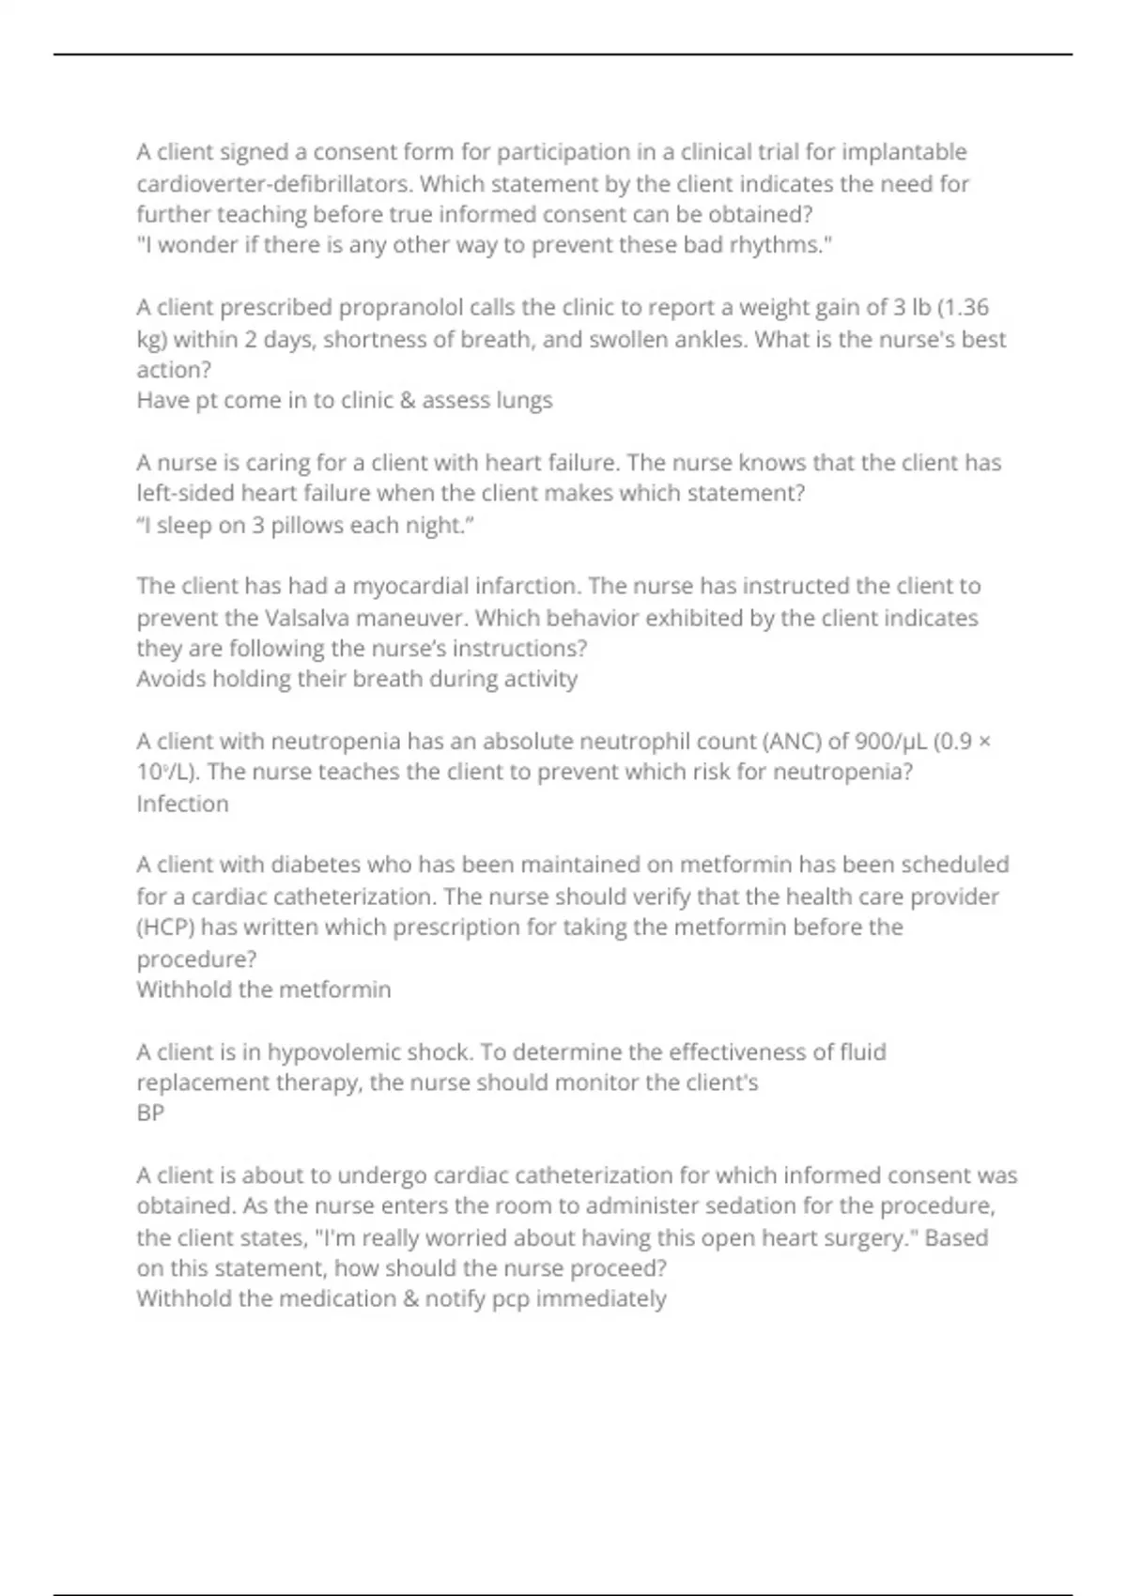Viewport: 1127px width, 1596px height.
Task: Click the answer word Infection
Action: tap(182, 804)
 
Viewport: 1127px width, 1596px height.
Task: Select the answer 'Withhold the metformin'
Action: tap(263, 990)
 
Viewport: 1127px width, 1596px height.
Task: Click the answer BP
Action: tap(150, 1113)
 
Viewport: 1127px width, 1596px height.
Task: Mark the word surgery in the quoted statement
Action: tap(872, 1237)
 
